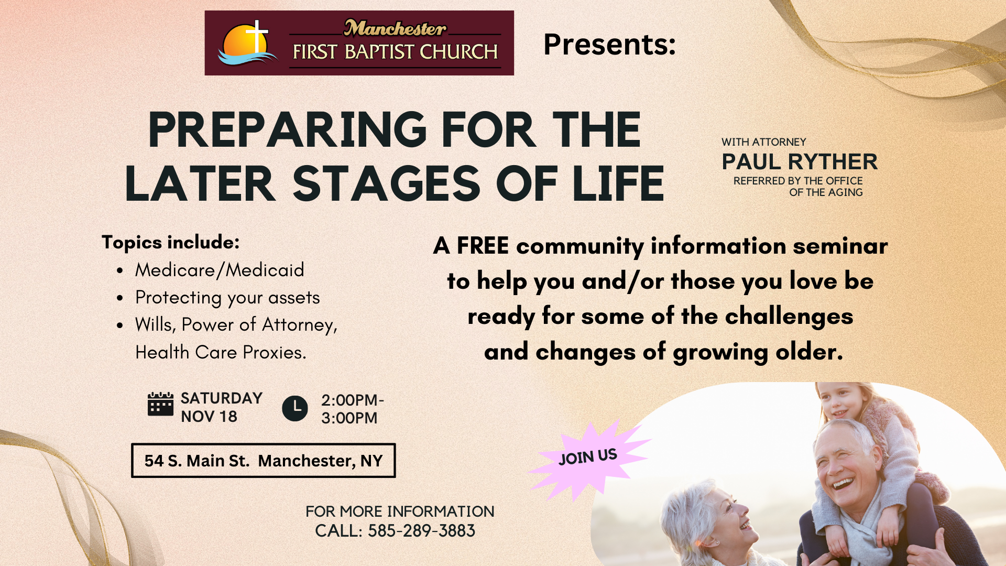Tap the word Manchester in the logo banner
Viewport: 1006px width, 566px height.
(x=395, y=28)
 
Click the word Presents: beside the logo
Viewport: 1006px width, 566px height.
(x=609, y=44)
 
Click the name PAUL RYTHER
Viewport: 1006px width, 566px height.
(x=800, y=162)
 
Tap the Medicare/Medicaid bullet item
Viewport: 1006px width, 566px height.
(x=220, y=270)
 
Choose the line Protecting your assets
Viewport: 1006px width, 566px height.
(x=227, y=298)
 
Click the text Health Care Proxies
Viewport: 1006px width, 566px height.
(x=221, y=352)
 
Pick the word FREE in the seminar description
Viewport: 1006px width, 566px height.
(x=483, y=246)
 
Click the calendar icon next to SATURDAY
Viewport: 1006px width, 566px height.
(x=160, y=404)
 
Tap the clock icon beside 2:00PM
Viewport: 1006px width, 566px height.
(x=295, y=408)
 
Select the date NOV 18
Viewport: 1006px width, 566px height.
(x=209, y=417)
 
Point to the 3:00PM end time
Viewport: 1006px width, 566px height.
(x=349, y=418)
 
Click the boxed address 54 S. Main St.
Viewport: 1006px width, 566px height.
(x=263, y=461)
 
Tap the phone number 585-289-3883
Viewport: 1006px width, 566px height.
(x=421, y=531)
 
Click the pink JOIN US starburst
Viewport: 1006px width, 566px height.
(x=589, y=458)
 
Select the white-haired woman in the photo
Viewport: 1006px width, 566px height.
(x=713, y=524)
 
